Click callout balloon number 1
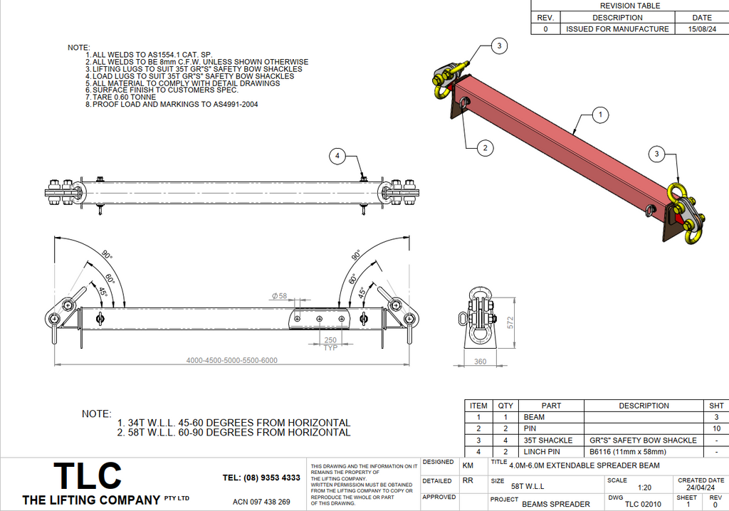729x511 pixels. click(x=600, y=114)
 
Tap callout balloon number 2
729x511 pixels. click(x=485, y=148)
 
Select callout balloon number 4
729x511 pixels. click(x=338, y=155)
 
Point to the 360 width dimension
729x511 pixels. click(x=480, y=362)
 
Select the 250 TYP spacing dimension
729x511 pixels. click(x=330, y=344)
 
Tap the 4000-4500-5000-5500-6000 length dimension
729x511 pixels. click(x=231, y=360)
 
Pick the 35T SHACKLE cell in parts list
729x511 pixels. click(x=552, y=440)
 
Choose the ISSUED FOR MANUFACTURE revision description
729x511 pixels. click(x=617, y=29)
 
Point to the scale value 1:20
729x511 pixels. click(x=645, y=488)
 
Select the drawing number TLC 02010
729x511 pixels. click(x=643, y=504)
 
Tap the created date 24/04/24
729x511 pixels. click(x=701, y=488)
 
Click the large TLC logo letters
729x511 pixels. click(x=88, y=475)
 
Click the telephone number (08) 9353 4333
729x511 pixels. click(x=261, y=478)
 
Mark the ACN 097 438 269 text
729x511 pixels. click(x=262, y=502)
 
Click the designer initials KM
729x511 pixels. click(x=468, y=464)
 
